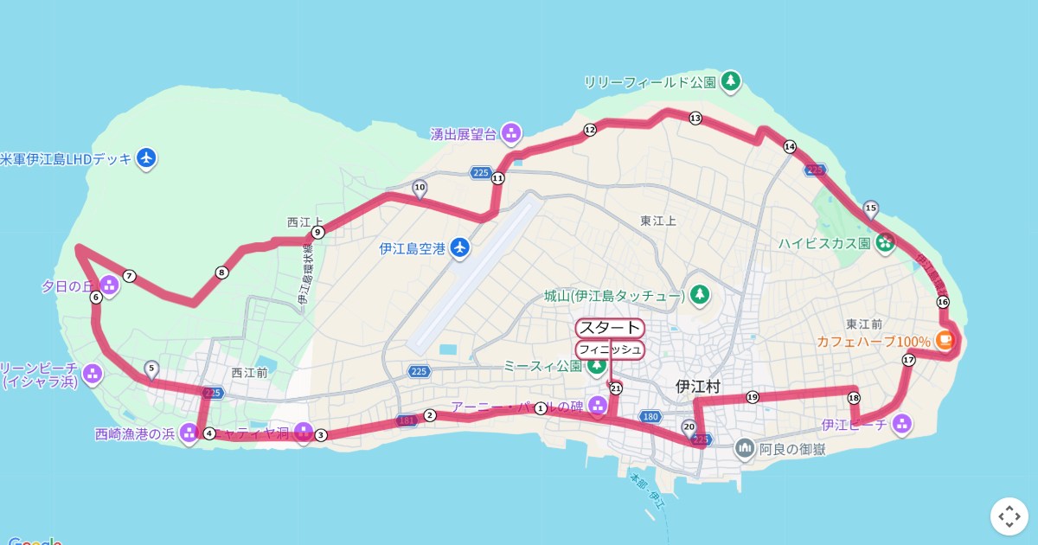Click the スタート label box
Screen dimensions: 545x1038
pos(610,328)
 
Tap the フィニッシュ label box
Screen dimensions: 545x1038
pos(610,349)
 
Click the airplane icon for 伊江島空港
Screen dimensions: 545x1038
pos(460,248)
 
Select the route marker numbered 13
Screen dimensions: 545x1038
pos(695,118)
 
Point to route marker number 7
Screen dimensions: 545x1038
pos(129,276)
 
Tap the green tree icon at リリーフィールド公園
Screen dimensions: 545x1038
pos(732,81)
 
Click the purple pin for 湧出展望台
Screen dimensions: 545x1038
pos(511,133)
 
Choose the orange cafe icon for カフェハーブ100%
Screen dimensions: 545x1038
pos(945,341)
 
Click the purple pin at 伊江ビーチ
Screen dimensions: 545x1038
pos(901,424)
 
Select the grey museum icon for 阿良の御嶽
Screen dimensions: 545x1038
pos(745,448)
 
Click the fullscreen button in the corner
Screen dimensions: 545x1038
pos(1009,516)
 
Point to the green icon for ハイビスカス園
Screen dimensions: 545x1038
pos(885,242)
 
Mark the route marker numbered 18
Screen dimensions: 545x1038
pos(854,398)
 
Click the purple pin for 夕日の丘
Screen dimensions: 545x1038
pos(109,285)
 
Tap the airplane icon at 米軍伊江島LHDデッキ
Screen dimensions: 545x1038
pos(147,158)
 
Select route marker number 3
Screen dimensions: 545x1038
pos(320,435)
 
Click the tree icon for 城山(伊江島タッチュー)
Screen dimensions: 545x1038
pos(700,296)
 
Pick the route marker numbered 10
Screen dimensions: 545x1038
pos(420,187)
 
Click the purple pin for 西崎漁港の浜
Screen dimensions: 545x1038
pos(189,433)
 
